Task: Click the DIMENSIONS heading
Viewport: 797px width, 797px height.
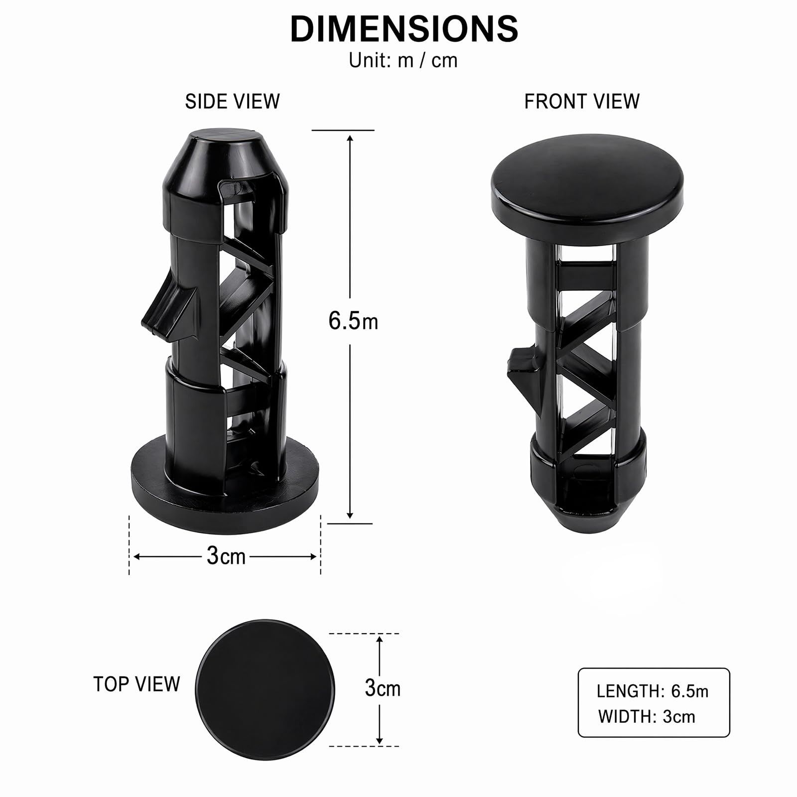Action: tap(403, 28)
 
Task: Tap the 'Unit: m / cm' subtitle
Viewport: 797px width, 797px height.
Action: tap(403, 60)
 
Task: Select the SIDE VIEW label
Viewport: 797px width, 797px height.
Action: tap(232, 102)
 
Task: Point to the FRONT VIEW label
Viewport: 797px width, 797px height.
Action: tap(582, 102)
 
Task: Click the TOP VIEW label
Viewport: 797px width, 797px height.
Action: tap(136, 684)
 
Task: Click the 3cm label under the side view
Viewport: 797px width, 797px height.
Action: tap(226, 555)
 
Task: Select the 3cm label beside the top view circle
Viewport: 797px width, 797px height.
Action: tap(383, 688)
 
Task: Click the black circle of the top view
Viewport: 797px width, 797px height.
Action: tap(265, 690)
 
